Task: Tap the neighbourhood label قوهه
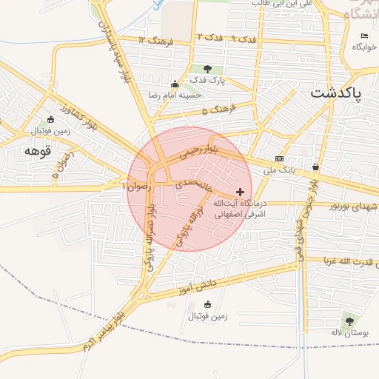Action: click(x=36, y=150)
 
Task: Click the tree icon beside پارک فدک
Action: click(x=217, y=69)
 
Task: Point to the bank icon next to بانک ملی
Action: click(x=278, y=158)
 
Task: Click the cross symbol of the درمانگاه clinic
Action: click(x=239, y=192)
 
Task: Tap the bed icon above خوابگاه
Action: click(x=363, y=36)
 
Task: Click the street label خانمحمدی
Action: click(x=189, y=182)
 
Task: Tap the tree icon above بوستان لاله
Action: click(x=349, y=321)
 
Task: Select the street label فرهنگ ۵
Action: click(x=220, y=110)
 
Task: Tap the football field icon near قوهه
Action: click(x=50, y=119)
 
